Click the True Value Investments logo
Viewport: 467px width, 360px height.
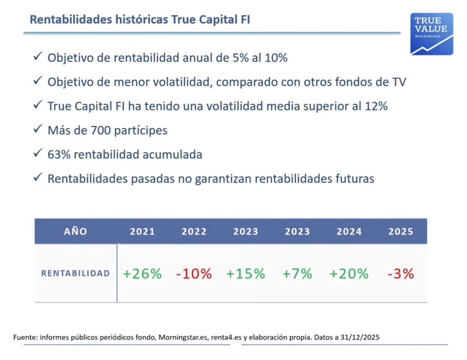tap(432, 34)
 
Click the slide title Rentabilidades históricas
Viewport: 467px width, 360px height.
tap(140, 19)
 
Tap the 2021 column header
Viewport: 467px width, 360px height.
tap(142, 232)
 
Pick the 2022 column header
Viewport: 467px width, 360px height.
tap(194, 232)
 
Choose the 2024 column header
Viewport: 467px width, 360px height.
tap(349, 232)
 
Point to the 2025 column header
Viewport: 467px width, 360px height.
tap(401, 232)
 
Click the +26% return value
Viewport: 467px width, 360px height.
tap(142, 274)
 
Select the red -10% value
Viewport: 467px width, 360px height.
tap(194, 274)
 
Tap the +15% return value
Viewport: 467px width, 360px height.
tap(246, 274)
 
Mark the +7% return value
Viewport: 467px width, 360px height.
tap(297, 274)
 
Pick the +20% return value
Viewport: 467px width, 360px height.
tap(349, 274)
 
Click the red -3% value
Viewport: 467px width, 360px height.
tap(401, 274)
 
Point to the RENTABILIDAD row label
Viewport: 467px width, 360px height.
tap(75, 274)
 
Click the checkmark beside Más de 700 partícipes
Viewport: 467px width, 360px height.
tap(38, 129)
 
